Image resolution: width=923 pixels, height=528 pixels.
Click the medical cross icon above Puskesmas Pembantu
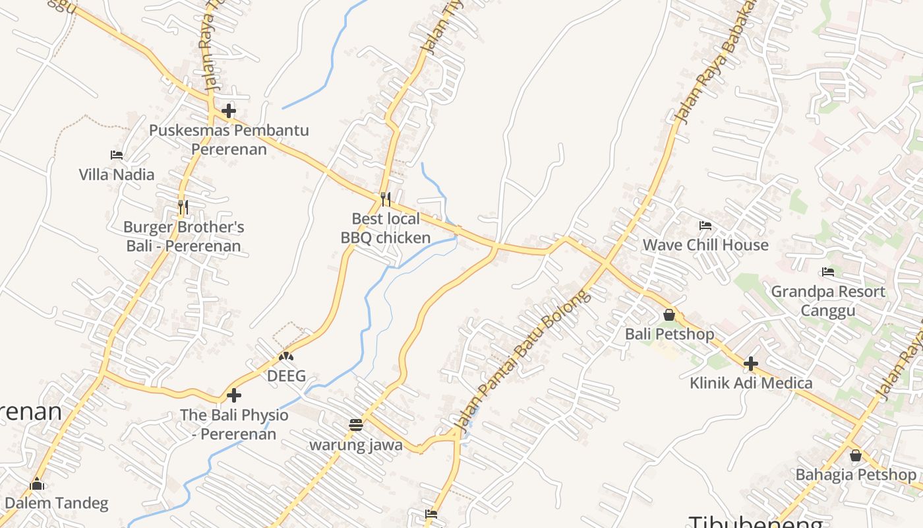(x=229, y=111)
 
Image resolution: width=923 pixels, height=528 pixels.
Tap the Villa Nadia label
(x=117, y=175)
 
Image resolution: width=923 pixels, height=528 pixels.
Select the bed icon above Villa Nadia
(x=117, y=155)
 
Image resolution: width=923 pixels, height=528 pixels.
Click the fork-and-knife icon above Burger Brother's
(x=183, y=207)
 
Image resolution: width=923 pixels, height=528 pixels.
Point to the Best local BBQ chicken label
(x=386, y=228)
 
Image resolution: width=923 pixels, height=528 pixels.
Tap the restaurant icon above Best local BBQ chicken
(x=386, y=199)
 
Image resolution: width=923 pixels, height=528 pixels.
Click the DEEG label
(x=286, y=376)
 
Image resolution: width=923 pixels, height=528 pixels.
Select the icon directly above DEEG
(x=286, y=356)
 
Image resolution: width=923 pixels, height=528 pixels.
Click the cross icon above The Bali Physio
(x=234, y=396)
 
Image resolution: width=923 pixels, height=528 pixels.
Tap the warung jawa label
(x=356, y=445)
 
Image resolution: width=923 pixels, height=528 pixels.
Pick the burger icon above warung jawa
(x=356, y=424)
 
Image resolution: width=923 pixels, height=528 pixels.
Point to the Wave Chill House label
(x=705, y=245)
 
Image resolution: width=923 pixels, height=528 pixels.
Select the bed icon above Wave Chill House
(x=705, y=226)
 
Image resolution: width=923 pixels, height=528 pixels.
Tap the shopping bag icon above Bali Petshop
(x=669, y=315)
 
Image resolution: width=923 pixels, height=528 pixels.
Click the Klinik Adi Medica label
(x=751, y=383)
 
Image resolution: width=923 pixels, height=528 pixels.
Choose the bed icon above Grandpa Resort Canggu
(x=828, y=272)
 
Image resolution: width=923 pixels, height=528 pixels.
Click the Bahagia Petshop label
(x=856, y=475)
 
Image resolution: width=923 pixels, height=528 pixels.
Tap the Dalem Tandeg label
(x=56, y=504)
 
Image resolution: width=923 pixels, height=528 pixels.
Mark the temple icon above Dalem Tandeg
(x=37, y=484)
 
